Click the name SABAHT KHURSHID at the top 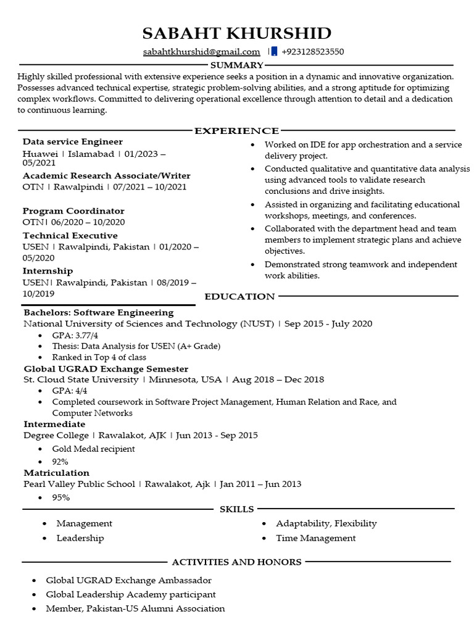coord(236,33)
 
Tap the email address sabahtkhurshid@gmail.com coord(201,52)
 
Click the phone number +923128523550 coord(312,52)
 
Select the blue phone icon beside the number coord(274,52)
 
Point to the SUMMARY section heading coord(237,65)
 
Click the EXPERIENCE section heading coord(237,131)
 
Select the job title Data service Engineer coord(73,142)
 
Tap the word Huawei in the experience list coord(40,154)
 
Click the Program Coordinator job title coord(73,211)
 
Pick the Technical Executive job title coord(70,236)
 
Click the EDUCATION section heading coord(239,296)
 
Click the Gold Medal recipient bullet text coord(93,449)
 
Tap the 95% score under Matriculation coord(60,497)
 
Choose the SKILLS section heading coord(237,509)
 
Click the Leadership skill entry coord(80,538)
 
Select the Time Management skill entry coord(315,538)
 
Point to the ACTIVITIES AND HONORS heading coord(236,562)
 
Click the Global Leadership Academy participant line coord(131,594)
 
